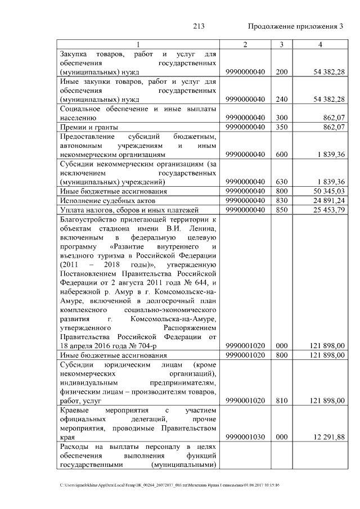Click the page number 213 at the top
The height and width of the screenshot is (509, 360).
tap(198, 26)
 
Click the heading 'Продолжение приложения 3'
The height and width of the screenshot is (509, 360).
tap(295, 26)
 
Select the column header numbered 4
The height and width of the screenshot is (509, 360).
tap(319, 44)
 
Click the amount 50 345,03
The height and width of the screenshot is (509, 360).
tap(327, 191)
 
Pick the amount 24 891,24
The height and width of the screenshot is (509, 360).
tap(327, 201)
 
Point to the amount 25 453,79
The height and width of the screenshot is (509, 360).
tap(327, 210)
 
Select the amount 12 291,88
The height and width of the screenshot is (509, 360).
tap(327, 437)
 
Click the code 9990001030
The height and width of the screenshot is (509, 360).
tap(245, 437)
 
